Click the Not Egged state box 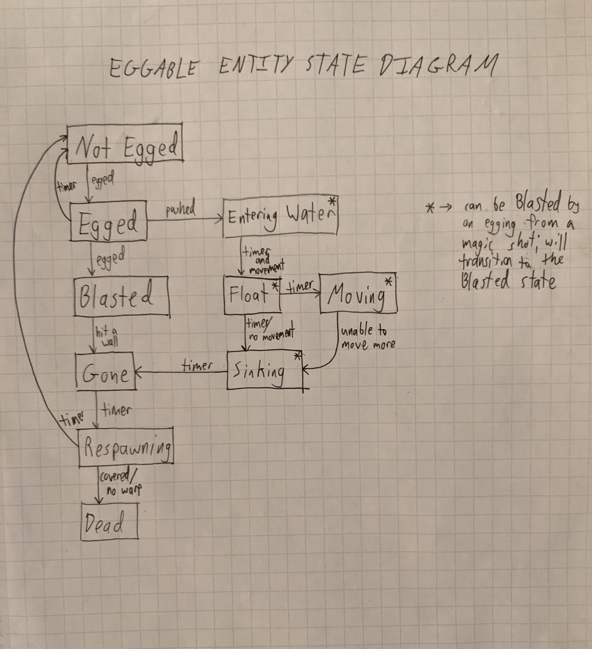125,144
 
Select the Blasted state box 121,296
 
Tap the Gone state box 106,372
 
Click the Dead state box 110,522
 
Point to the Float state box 252,294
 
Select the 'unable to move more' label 368,338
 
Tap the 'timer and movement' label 263,260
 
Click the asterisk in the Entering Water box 333,202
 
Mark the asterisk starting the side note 430,208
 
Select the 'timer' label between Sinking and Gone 197,366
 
